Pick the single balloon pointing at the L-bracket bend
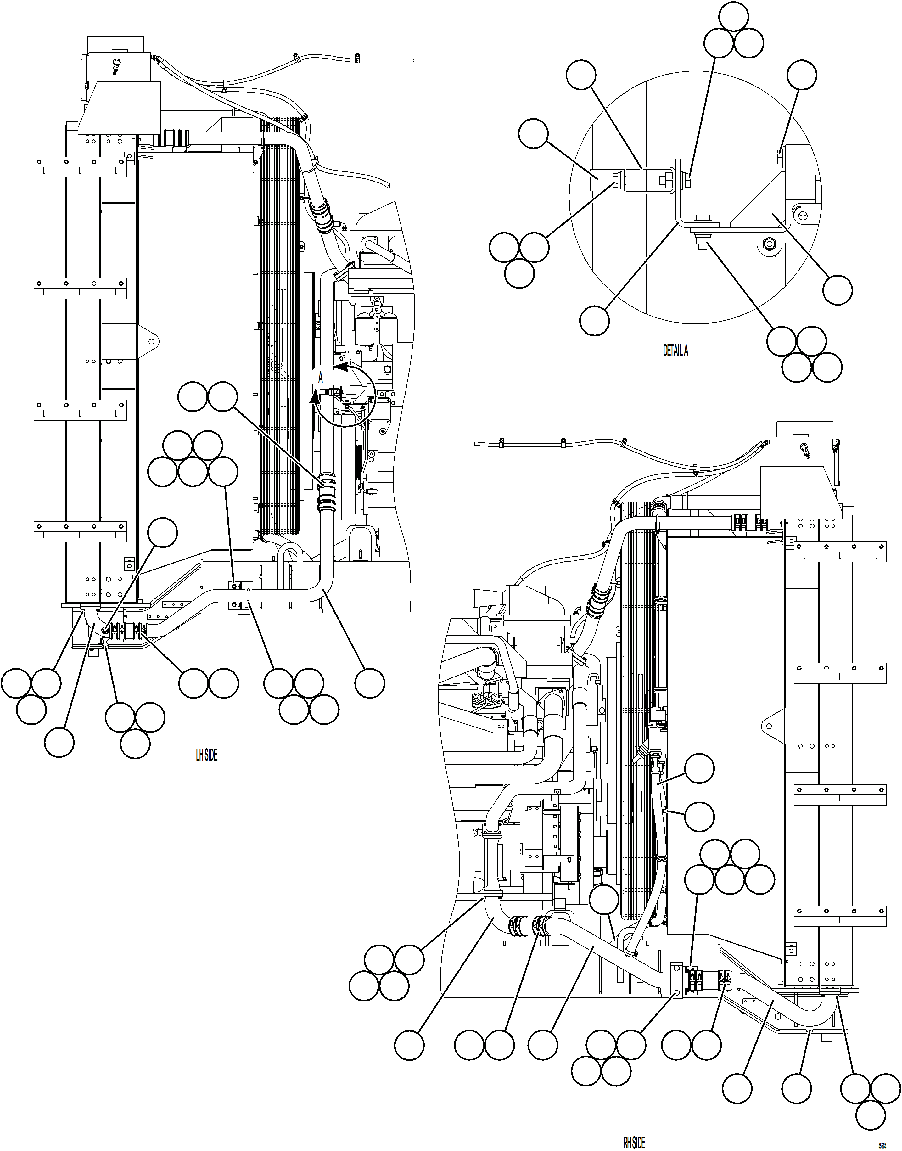[x=594, y=320]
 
